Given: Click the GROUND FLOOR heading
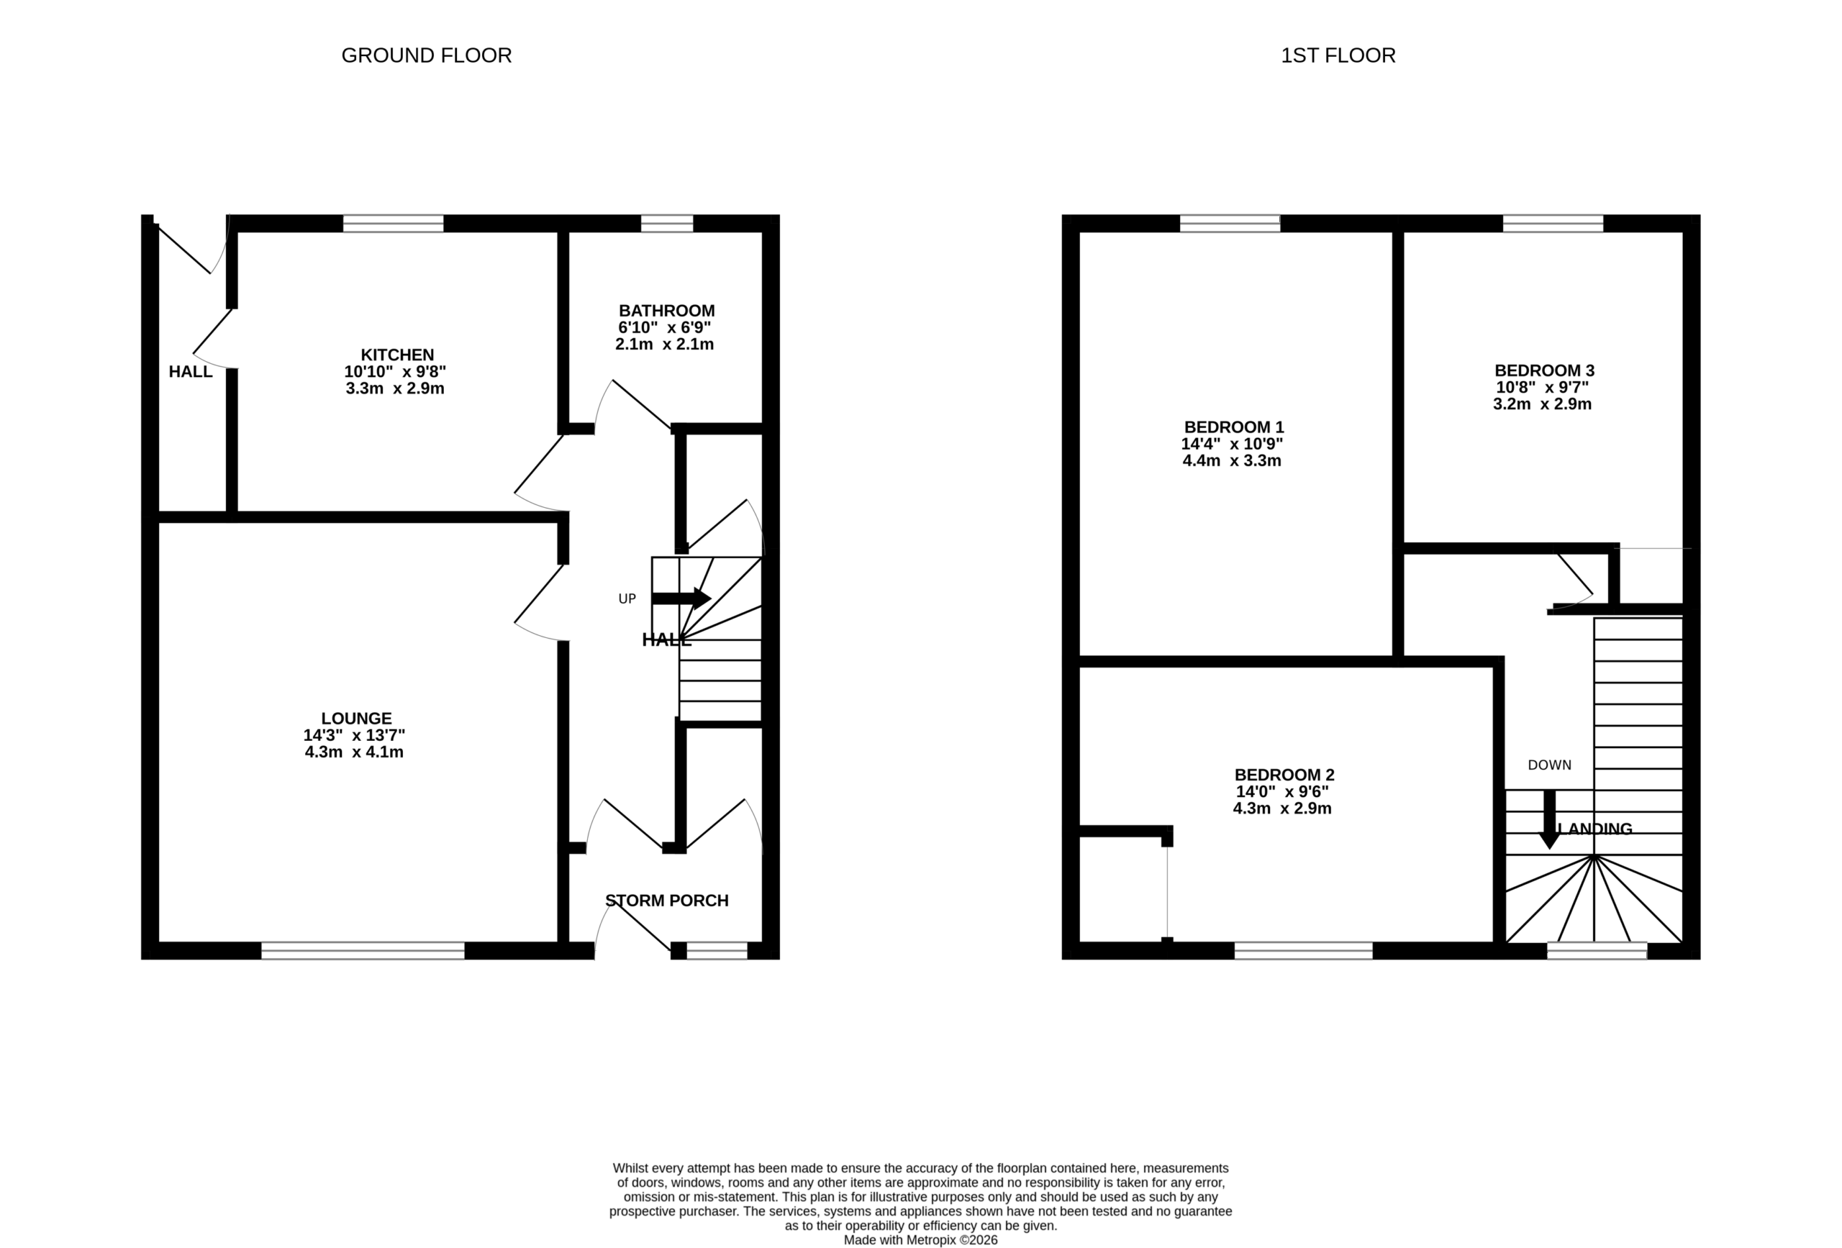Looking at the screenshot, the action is click(x=427, y=55).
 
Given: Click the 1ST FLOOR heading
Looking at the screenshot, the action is click(x=1338, y=55).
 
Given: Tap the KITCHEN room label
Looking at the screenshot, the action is click(x=397, y=355).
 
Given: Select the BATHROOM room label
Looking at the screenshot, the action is click(x=666, y=311).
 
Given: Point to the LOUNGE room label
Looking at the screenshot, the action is click(x=356, y=719).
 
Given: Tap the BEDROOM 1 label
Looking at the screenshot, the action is click(x=1234, y=427).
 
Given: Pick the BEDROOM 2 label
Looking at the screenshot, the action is click(x=1284, y=775).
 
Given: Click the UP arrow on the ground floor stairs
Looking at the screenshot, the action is click(x=681, y=598).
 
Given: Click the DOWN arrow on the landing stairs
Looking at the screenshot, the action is click(x=1548, y=819).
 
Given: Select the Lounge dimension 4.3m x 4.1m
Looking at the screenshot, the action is click(x=354, y=752).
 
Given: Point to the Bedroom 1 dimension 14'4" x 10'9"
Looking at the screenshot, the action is click(x=1232, y=445).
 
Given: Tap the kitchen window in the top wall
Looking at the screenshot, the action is click(x=393, y=224).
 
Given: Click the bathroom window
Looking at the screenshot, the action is click(x=666, y=224).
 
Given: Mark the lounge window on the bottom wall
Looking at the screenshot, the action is click(x=363, y=951).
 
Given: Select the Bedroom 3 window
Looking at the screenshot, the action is click(x=1553, y=224).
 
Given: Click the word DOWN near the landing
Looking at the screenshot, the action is click(x=1550, y=765).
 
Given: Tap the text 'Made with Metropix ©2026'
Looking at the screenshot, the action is click(x=920, y=1240).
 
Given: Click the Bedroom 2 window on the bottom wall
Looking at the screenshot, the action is click(x=1304, y=951).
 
